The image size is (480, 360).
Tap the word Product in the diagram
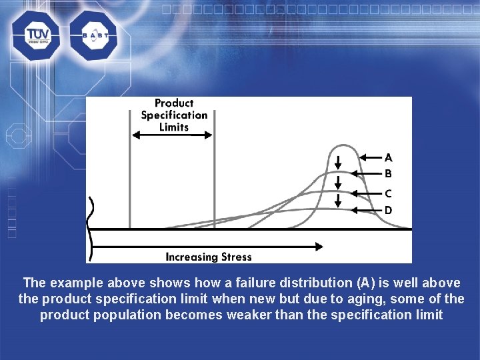coord(173,103)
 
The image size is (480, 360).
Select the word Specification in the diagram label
coord(174,115)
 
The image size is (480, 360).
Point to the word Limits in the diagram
coord(174,127)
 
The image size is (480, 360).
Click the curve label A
coord(388,158)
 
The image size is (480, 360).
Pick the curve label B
coord(388,174)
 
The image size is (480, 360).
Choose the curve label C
coord(388,194)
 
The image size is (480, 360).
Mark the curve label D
coord(388,210)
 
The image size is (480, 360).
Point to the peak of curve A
coord(342,145)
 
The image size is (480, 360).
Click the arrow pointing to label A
coord(370,158)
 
